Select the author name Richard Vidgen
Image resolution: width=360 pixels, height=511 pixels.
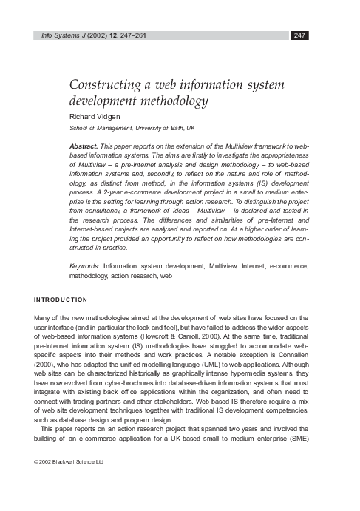click(89, 116)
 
